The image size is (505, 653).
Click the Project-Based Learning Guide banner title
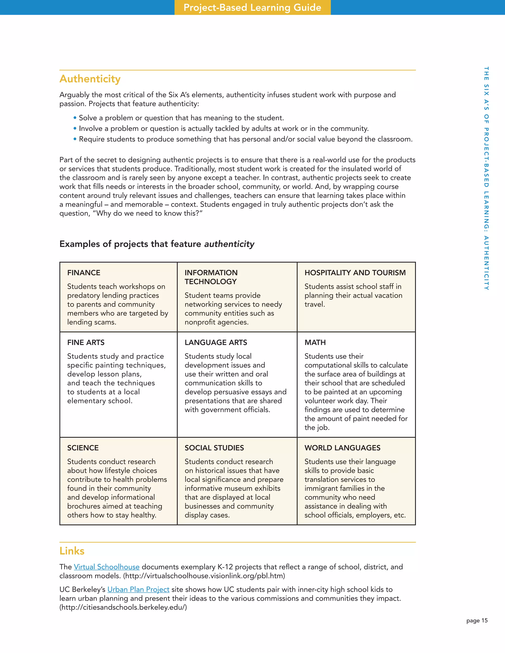[x=252, y=7]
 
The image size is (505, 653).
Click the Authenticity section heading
[x=90, y=79]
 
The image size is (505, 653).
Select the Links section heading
[x=72, y=551]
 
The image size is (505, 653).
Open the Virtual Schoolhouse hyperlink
[x=107, y=567]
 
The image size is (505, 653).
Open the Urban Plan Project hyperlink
[x=138, y=589]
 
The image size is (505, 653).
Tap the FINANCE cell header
[x=84, y=273]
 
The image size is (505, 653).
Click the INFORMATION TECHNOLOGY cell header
[x=211, y=277]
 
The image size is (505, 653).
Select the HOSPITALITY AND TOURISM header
[x=355, y=273]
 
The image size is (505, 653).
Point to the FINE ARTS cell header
[x=86, y=342]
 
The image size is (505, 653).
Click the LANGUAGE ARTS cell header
[x=216, y=342]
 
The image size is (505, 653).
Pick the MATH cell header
[x=315, y=342]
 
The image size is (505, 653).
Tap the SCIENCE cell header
[x=83, y=447]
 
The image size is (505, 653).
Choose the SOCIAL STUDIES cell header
[x=214, y=447]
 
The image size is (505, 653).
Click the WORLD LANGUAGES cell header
[x=342, y=447]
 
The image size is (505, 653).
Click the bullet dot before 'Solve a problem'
[x=75, y=118]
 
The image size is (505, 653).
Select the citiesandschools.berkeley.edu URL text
[x=123, y=607]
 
